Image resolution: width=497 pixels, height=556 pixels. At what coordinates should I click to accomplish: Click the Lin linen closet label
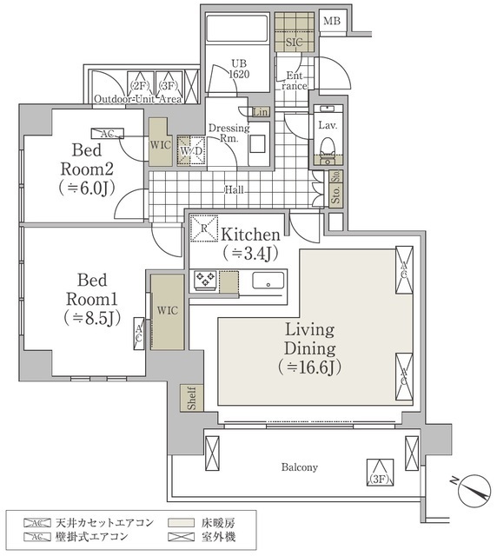pyautogui.click(x=260, y=112)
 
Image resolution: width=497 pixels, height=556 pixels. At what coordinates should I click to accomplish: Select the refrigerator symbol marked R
pyautogui.click(x=202, y=228)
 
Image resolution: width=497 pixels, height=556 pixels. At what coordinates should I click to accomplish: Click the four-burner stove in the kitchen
pyautogui.click(x=205, y=280)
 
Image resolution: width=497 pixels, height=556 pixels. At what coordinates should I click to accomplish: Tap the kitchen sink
pyautogui.click(x=268, y=281)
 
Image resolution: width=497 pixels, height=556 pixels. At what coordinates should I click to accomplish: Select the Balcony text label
pyautogui.click(x=299, y=467)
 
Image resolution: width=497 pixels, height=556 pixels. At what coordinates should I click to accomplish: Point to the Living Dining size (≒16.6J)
pyautogui.click(x=310, y=367)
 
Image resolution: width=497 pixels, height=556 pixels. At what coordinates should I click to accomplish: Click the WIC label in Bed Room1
pyautogui.click(x=167, y=308)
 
